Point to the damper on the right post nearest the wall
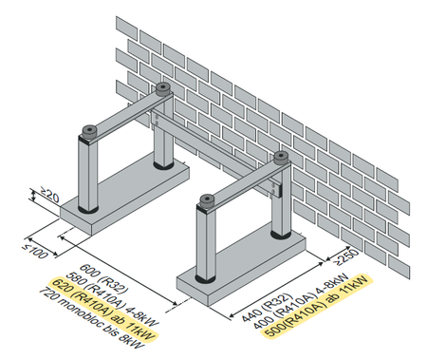pyautogui.click(x=280, y=157)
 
